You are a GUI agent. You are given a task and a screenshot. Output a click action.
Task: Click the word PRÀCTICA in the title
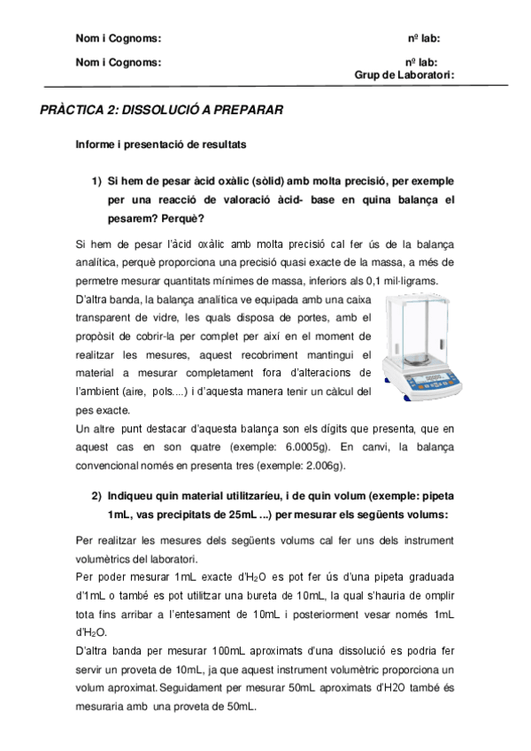tap(72, 110)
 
